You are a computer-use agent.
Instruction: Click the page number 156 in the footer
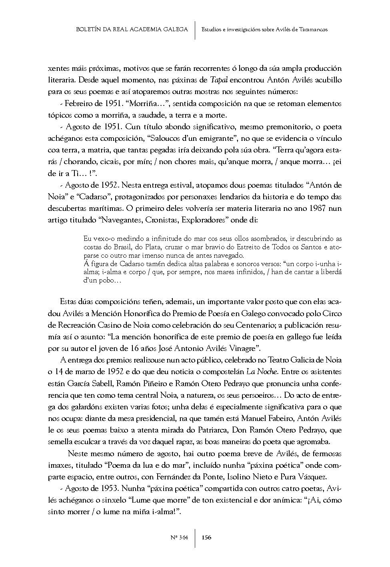click(206, 537)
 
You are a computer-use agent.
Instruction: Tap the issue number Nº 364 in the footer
click(180, 537)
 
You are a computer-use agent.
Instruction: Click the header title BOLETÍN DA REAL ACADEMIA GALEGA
click(132, 29)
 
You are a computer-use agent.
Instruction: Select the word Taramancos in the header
click(314, 29)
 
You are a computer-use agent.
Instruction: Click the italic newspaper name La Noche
click(262, 371)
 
